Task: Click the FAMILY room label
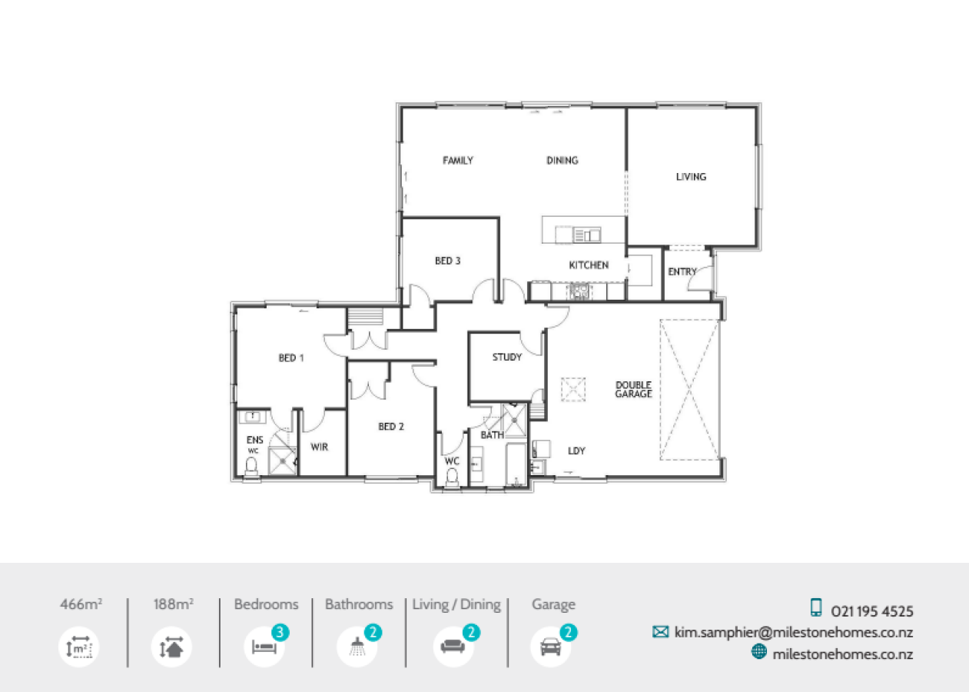(x=458, y=161)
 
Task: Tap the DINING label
(x=562, y=161)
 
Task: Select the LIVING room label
(x=691, y=177)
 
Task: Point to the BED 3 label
(x=448, y=261)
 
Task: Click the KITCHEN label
(x=589, y=265)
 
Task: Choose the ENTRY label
(x=682, y=271)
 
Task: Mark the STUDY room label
(x=507, y=358)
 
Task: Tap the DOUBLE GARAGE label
(x=633, y=389)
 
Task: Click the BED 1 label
(x=291, y=358)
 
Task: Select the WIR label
(x=320, y=447)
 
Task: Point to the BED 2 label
(x=391, y=427)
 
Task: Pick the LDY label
(x=576, y=451)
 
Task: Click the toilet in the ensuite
(x=251, y=467)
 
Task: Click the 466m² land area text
(x=81, y=604)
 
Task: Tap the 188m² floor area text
(x=174, y=604)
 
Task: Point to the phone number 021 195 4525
(x=872, y=612)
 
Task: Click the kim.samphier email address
(x=794, y=633)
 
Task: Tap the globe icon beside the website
(x=759, y=652)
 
